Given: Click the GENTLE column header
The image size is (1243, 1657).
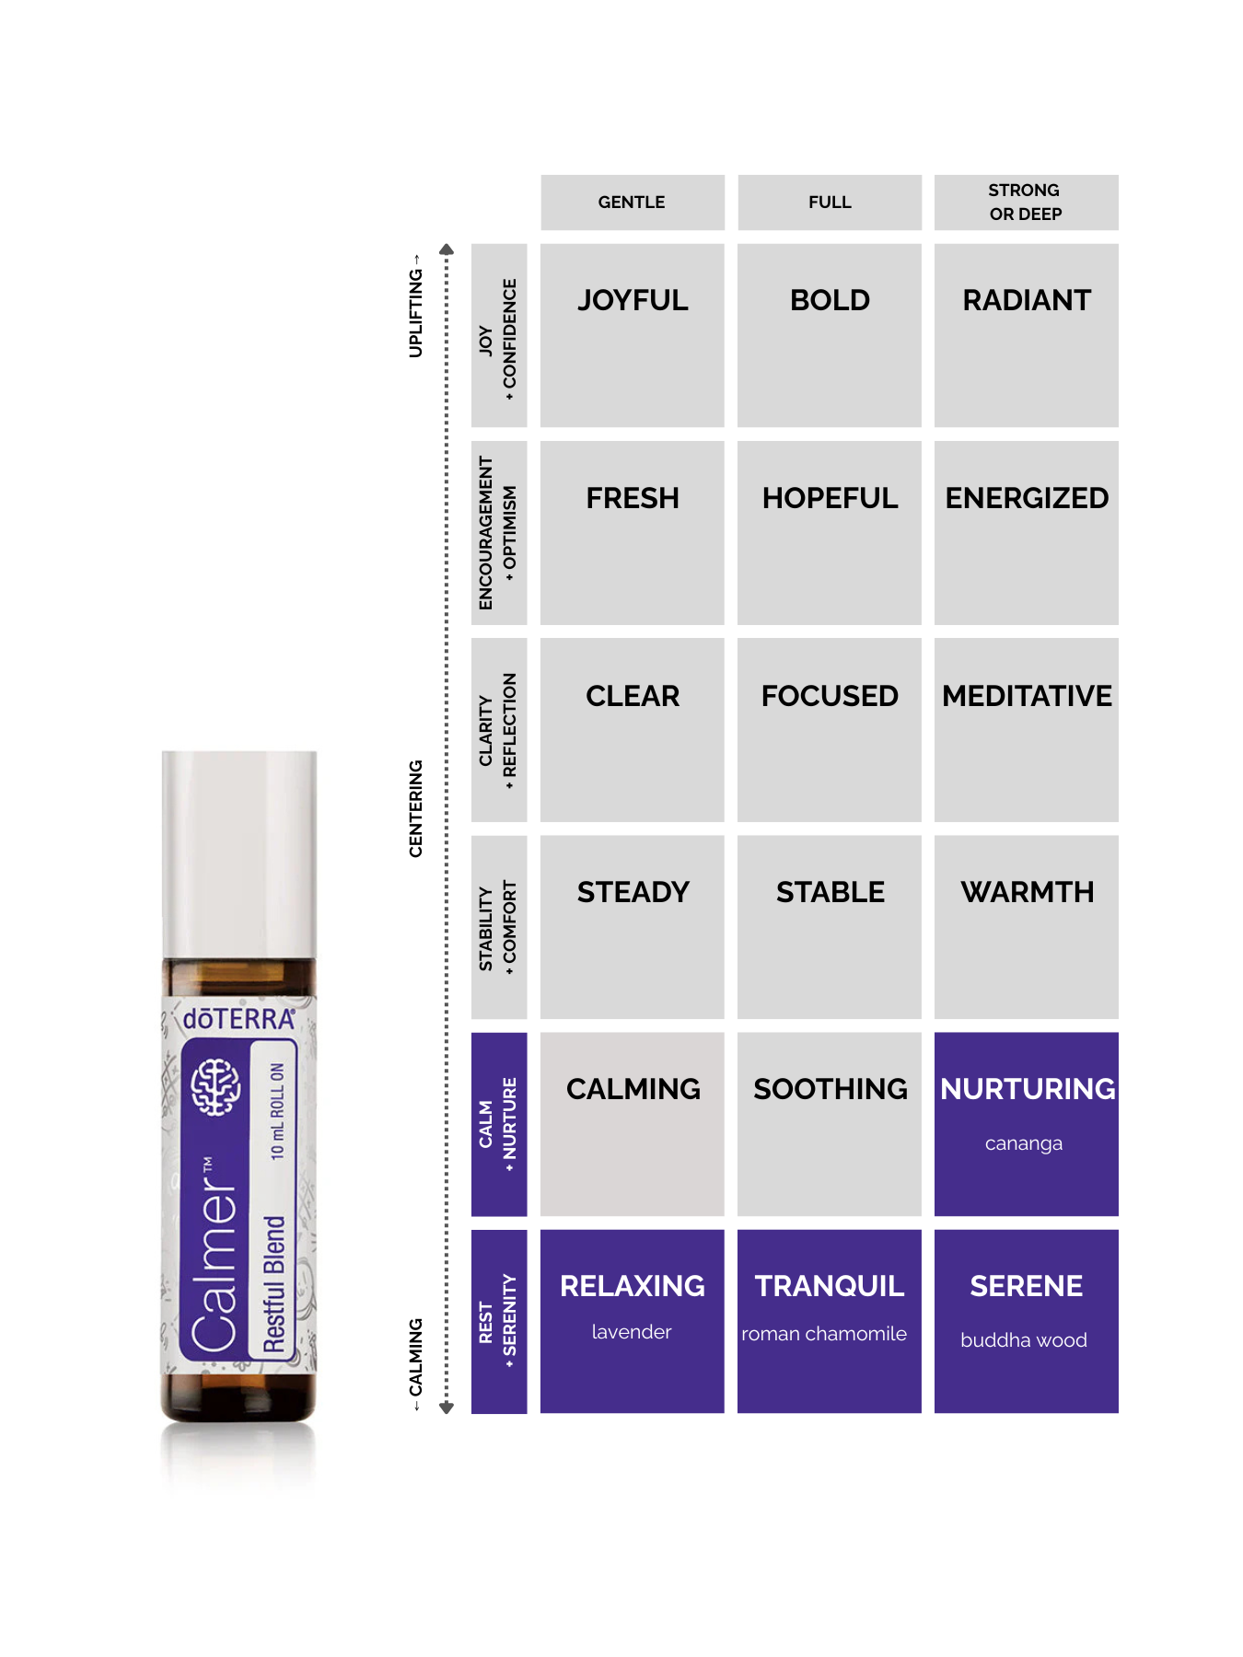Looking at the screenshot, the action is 632,202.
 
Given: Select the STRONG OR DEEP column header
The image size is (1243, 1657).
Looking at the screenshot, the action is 1025,202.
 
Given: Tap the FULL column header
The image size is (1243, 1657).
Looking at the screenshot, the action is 830,202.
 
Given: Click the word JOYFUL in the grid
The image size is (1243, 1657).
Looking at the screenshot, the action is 633,300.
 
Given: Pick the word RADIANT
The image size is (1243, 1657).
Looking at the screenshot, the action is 1027,300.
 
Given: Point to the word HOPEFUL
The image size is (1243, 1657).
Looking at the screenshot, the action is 830,498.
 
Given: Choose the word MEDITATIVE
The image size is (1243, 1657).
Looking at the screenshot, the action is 1027,696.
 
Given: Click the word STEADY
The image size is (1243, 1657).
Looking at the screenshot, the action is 633,892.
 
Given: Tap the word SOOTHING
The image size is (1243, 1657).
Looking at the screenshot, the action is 831,1089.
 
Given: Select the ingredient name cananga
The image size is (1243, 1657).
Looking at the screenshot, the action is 1024,1143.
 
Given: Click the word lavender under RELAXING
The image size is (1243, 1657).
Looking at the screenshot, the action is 632,1332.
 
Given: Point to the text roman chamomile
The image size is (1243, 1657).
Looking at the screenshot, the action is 824,1334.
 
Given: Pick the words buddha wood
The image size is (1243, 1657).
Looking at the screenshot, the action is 1024,1340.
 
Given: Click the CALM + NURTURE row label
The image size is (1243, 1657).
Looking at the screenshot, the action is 498,1124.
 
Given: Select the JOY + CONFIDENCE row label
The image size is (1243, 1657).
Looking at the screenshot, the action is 498,339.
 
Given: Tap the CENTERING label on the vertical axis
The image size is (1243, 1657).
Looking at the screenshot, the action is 415,808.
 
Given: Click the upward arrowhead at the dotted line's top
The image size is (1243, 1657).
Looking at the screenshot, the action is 447,249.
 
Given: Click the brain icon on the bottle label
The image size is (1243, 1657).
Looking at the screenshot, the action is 215,1086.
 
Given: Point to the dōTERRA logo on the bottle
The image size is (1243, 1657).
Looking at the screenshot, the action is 238,1019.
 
